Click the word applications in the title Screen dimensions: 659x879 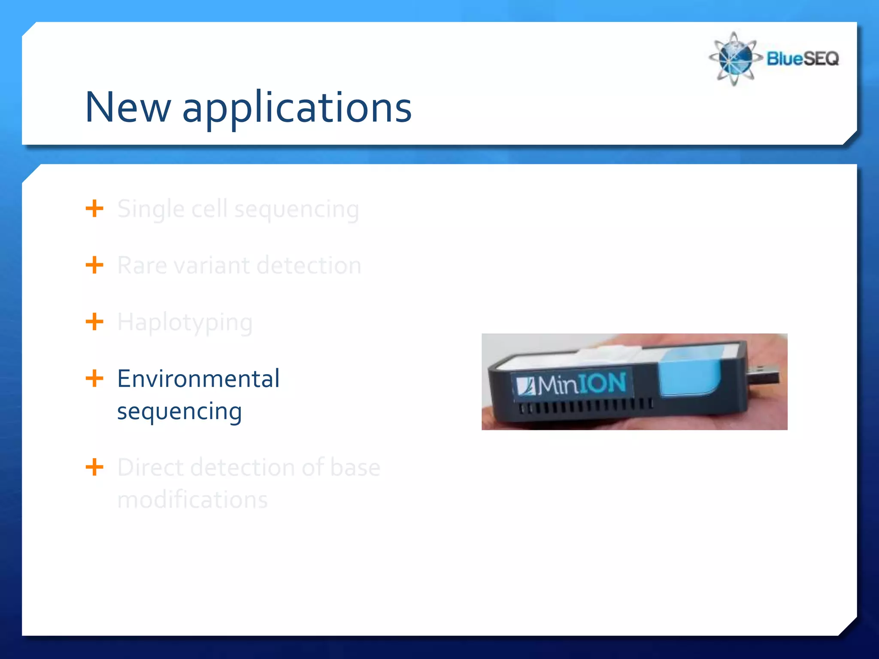coord(297,108)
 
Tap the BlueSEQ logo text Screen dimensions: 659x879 coord(802,58)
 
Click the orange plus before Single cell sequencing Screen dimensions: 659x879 coord(94,209)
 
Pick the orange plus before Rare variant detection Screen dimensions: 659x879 coord(94,265)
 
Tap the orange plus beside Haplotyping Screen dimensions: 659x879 coord(94,322)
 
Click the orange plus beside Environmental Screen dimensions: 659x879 coord(94,378)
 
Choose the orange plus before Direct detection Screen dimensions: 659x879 coord(94,467)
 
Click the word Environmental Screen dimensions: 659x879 coord(198,379)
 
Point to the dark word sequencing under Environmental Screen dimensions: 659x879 coord(179,412)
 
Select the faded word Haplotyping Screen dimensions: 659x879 coord(185,323)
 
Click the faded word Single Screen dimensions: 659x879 coord(151,210)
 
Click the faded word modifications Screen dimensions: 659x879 coord(192,500)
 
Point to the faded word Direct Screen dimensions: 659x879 coord(150,467)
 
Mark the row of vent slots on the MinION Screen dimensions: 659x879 coord(586,406)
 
